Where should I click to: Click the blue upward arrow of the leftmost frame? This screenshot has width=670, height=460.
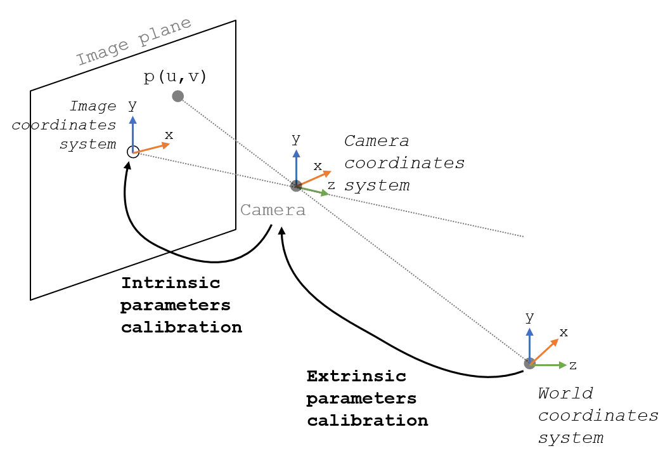coord(132,130)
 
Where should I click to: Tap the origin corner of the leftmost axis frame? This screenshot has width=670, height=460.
coord(134,154)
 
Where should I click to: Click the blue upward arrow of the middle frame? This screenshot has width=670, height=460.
coord(296,164)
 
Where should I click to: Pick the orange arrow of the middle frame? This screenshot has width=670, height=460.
coord(317,176)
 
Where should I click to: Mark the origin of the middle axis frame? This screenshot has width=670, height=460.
coord(295,185)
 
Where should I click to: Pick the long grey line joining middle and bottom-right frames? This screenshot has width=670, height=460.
coord(412,273)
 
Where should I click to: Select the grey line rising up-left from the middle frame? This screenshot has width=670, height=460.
coord(235,139)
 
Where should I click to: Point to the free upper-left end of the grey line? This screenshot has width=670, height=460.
coord(184,100)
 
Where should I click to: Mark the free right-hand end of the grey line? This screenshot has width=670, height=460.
coord(525,236)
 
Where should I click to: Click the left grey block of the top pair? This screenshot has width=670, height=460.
coord(103,53)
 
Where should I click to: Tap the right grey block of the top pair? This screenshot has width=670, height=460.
coord(165,32)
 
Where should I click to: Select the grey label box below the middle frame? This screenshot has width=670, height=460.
coord(273,211)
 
